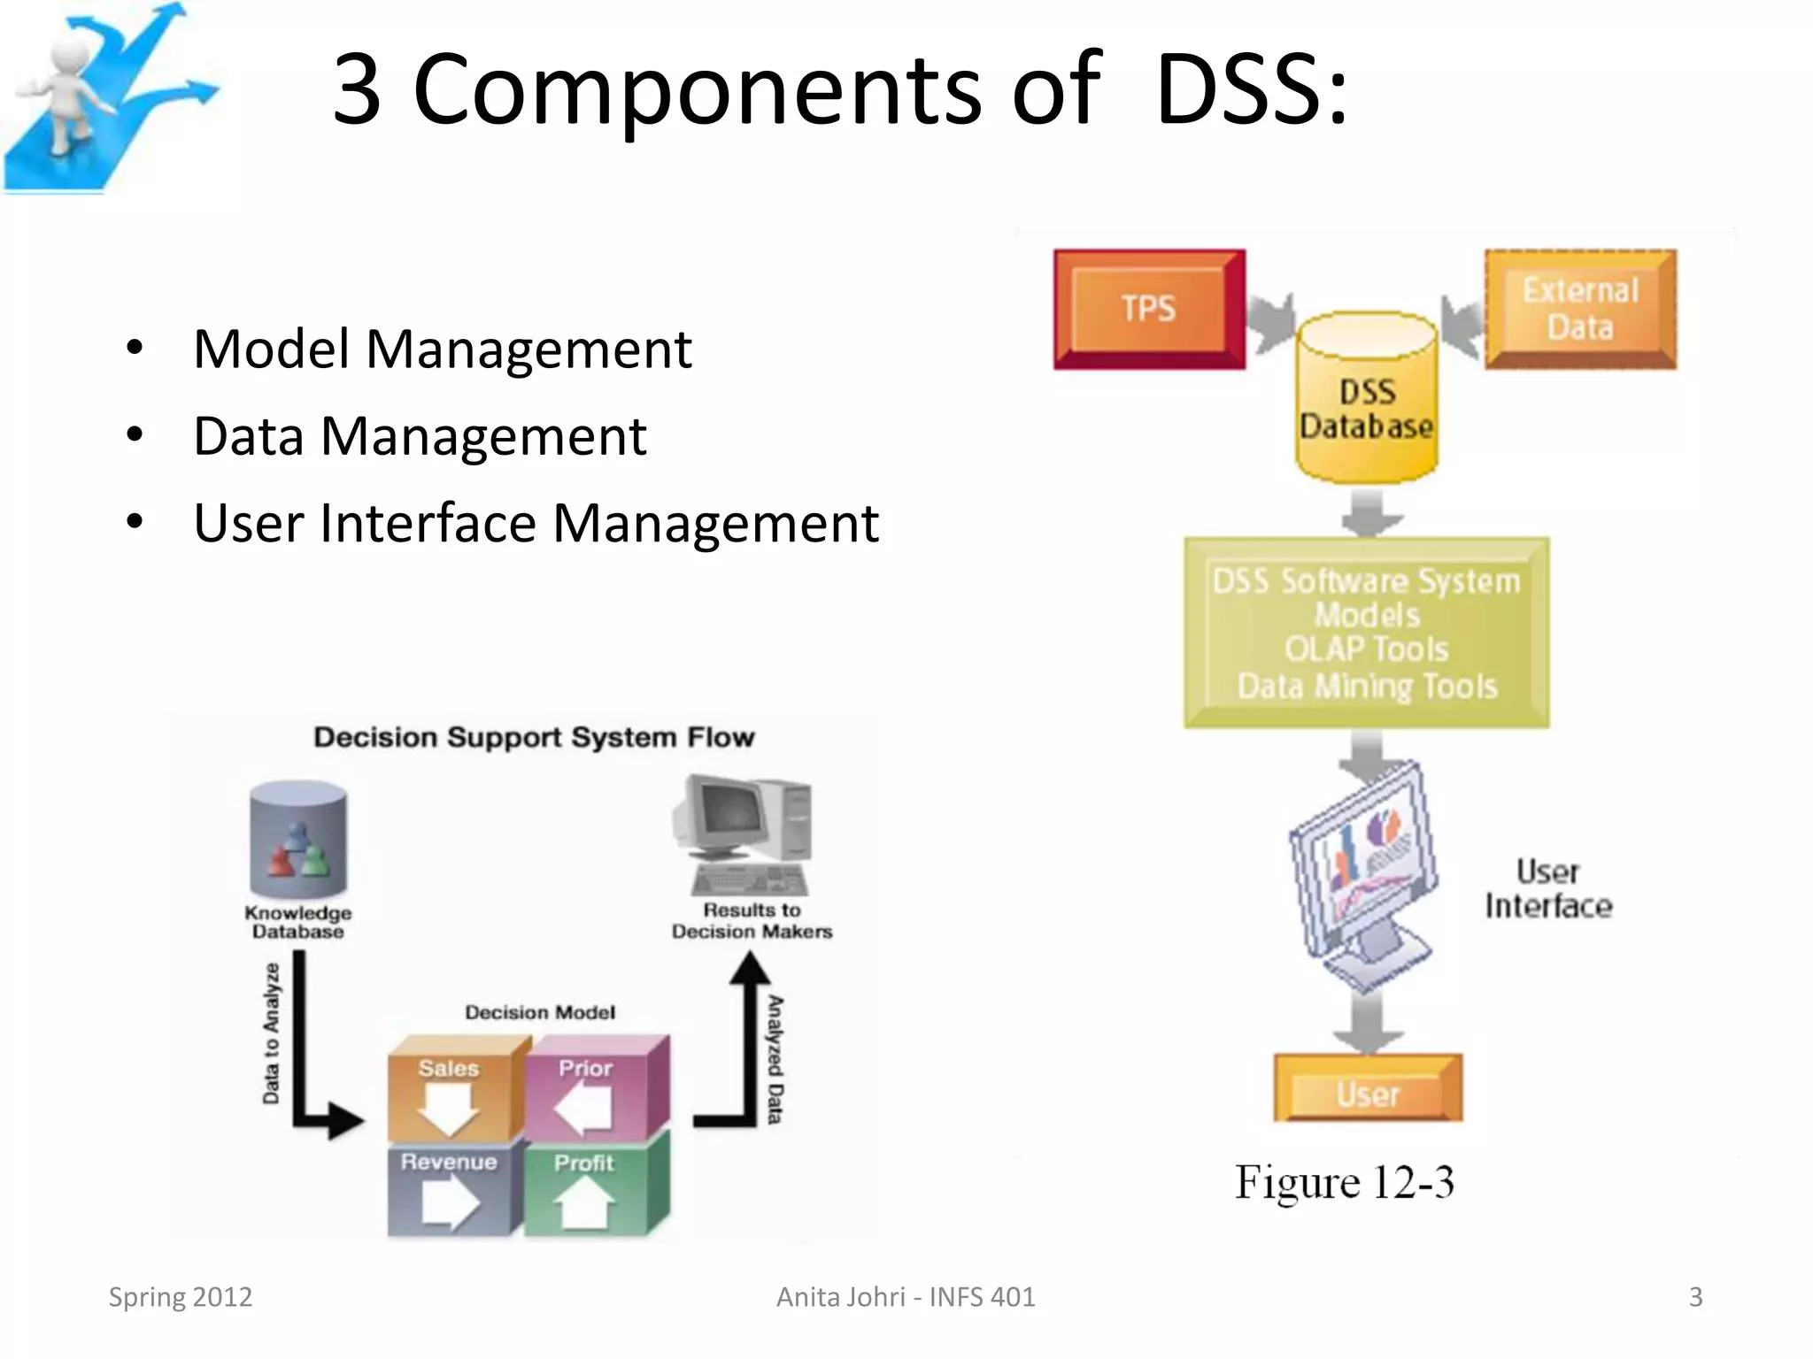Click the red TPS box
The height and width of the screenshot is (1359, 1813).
tap(1149, 309)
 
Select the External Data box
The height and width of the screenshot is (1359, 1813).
tap(1580, 309)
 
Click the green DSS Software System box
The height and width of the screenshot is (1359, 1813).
tap(1367, 633)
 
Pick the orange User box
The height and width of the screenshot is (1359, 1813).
tap(1368, 1089)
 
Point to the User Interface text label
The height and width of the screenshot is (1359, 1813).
tap(1548, 889)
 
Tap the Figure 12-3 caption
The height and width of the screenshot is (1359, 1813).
tap(1344, 1183)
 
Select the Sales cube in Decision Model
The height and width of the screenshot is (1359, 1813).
tap(449, 1093)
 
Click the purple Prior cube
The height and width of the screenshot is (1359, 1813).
tap(586, 1093)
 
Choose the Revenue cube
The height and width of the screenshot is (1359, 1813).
tap(449, 1187)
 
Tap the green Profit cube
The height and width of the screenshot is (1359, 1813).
tap(584, 1187)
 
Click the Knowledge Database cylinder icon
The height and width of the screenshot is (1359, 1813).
tap(298, 841)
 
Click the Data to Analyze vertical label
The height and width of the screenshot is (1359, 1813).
tap(272, 1033)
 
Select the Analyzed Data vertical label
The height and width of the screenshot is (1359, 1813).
tap(775, 1059)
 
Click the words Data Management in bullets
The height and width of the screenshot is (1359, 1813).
tap(420, 436)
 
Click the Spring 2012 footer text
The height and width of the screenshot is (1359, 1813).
tap(181, 1297)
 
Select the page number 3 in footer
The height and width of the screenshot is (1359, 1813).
tap(1695, 1297)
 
